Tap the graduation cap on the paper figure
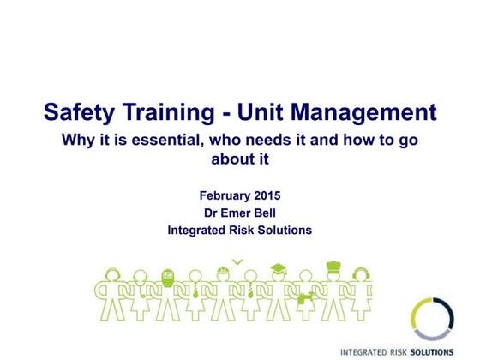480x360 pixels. tap(279, 268)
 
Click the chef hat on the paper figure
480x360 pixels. tap(333, 267)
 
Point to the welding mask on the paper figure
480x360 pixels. tap(167, 276)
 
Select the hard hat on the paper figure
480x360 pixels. tap(222, 272)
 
